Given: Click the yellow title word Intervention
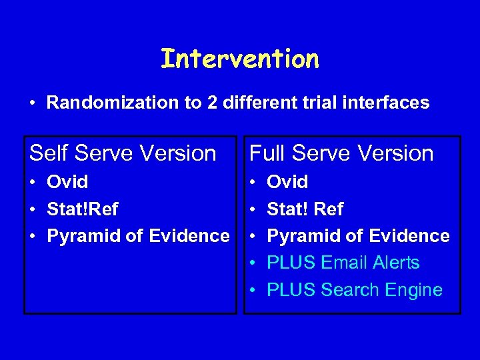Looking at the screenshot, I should pos(240,59).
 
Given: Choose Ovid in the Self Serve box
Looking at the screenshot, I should pos(67,182).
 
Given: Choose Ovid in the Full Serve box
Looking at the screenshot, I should pos(287,182).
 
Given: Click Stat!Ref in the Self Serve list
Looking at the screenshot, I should pos(82,209).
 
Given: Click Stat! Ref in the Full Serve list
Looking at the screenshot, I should pos(305,209).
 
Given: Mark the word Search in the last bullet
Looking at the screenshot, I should pos(349,290).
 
